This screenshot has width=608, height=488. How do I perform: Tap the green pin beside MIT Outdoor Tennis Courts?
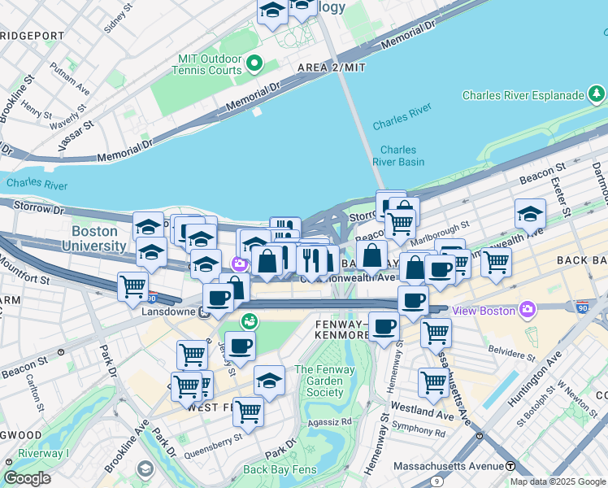255,63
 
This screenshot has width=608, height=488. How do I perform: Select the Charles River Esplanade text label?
522,95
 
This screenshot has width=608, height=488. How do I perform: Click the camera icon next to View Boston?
528,310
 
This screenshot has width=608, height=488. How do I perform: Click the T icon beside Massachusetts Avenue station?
510,466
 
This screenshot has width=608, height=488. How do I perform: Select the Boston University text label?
99,238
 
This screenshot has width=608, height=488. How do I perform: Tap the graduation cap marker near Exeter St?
530,215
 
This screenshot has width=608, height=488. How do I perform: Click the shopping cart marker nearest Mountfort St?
132,286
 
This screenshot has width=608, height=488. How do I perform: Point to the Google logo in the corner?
28,478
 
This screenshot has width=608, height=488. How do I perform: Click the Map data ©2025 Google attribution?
558,481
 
